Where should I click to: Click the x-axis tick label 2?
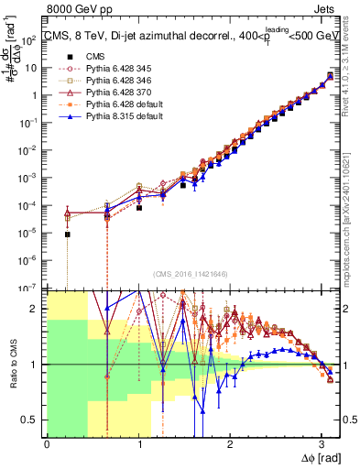click(230, 442)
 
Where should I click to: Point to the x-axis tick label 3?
click(322, 442)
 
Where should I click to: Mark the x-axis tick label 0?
click(47, 442)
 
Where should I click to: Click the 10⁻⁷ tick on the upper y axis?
click(31, 288)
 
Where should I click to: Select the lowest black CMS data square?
click(67, 234)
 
